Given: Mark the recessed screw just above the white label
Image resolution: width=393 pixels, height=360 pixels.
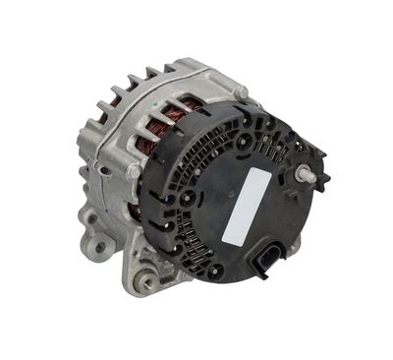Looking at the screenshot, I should [242, 142].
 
